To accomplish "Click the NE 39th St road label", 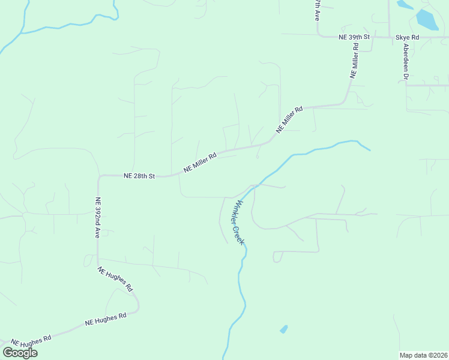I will coord(355,37).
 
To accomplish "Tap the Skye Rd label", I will coord(407,37).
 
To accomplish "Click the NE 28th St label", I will coord(139,176).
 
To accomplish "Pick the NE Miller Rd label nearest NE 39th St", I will coord(354,60).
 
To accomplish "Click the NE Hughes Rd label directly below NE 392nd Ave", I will coord(115,279).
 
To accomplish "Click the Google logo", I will coord(20,352).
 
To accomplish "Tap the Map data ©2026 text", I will coord(423,355).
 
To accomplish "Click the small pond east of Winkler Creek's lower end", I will coord(283,329).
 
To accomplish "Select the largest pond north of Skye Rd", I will coord(427,20).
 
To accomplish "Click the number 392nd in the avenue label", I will coord(97,215).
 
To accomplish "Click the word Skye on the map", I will coord(402,37).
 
